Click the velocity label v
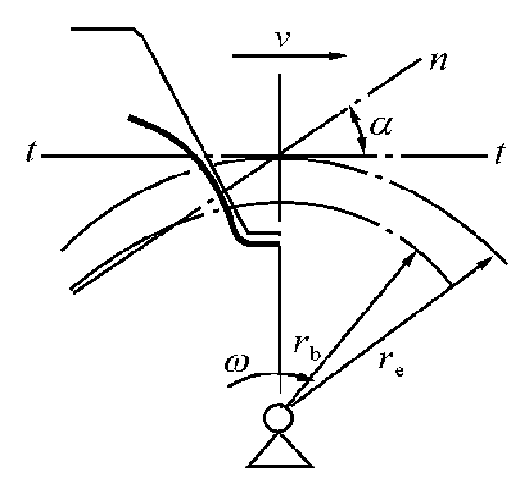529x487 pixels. (x=280, y=41)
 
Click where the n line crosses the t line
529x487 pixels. (x=279, y=156)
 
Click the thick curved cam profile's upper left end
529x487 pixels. (x=131, y=119)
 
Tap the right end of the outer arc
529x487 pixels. (x=510, y=262)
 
